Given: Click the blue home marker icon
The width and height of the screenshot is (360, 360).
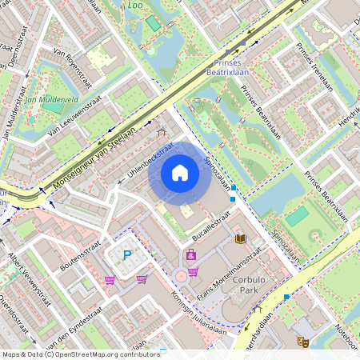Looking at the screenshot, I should pyautogui.click(x=180, y=172).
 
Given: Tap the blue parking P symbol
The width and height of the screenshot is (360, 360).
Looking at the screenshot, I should pyautogui.click(x=126, y=255).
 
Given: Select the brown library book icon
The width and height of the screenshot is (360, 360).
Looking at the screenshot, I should pyautogui.click(x=240, y=238).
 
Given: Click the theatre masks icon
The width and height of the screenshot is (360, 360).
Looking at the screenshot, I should pyautogui.click(x=303, y=341).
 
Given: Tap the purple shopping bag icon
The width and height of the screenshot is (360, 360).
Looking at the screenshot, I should pyautogui.click(x=190, y=255).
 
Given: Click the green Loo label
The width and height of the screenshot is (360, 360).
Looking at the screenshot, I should pyautogui.click(x=135, y=5).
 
